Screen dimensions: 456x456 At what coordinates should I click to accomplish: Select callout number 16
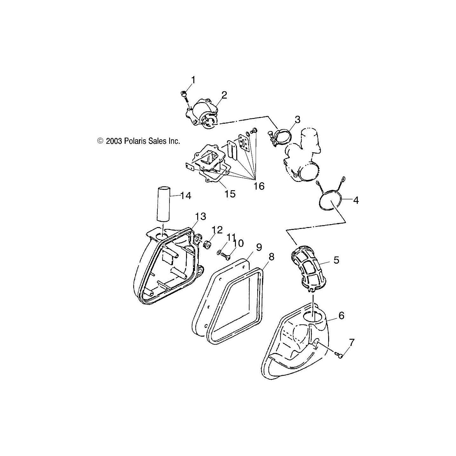259,186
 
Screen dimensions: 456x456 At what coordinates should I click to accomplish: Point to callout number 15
230,193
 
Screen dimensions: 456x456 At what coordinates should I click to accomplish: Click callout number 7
351,342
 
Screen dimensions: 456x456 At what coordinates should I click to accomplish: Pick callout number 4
356,200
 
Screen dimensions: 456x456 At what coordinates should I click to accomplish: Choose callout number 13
201,217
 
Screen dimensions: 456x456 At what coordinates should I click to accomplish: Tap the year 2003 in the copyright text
114,141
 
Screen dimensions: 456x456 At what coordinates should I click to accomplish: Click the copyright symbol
100,141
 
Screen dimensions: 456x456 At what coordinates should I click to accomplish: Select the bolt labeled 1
184,95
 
